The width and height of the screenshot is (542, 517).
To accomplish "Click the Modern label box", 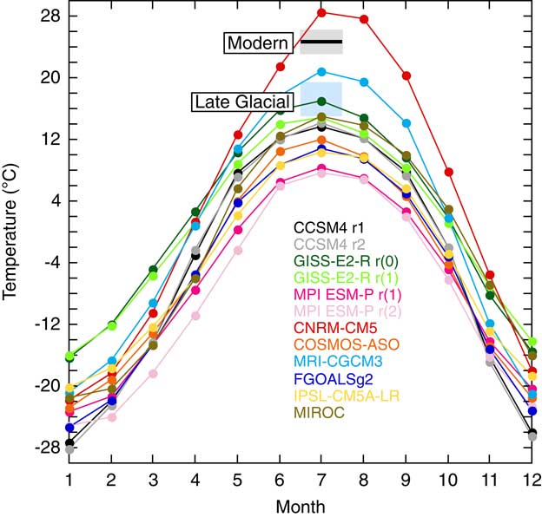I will (x=258, y=43).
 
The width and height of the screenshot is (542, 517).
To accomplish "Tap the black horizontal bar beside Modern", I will (x=321, y=42).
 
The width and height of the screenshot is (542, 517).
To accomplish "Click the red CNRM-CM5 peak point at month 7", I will (x=321, y=12).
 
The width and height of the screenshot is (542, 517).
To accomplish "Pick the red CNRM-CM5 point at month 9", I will (x=406, y=75).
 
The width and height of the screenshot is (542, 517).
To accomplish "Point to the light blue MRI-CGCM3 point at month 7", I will (x=321, y=71).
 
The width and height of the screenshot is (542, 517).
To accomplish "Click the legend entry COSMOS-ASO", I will (x=340, y=344).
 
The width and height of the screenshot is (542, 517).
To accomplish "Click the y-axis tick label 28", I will (x=49, y=16).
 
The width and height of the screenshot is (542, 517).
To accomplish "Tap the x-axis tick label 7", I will (x=321, y=479).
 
